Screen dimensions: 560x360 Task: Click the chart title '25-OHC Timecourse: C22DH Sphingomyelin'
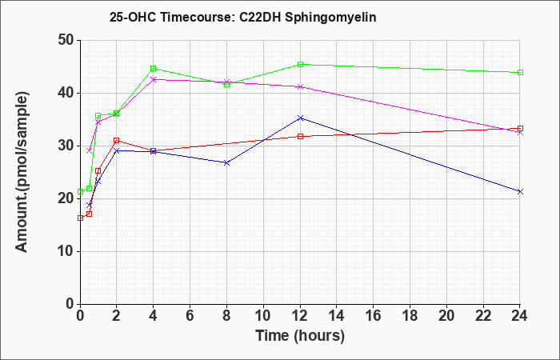point(243,17)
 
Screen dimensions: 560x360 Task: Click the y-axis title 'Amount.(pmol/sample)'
point(22,172)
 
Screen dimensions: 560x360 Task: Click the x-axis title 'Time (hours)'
point(300,336)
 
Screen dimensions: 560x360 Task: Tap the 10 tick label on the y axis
point(66,251)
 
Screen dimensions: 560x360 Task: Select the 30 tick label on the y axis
point(66,146)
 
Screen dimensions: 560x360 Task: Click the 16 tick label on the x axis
point(374,316)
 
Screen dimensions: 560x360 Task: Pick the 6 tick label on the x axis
point(190,316)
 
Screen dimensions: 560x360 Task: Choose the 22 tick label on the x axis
point(483,316)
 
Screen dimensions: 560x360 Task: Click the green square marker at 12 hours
point(300,65)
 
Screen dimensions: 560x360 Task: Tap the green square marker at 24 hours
point(520,73)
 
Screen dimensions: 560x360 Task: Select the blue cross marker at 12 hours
point(300,118)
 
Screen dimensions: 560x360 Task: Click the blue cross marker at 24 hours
point(520,192)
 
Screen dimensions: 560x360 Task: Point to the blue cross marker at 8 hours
point(226,163)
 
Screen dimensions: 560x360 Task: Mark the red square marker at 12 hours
point(300,137)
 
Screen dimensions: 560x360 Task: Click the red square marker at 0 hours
point(81,218)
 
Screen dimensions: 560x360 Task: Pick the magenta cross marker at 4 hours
point(154,79)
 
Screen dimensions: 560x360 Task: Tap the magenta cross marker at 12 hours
point(300,86)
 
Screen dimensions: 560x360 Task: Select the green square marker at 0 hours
point(81,192)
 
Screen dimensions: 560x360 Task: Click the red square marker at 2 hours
point(117,140)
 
